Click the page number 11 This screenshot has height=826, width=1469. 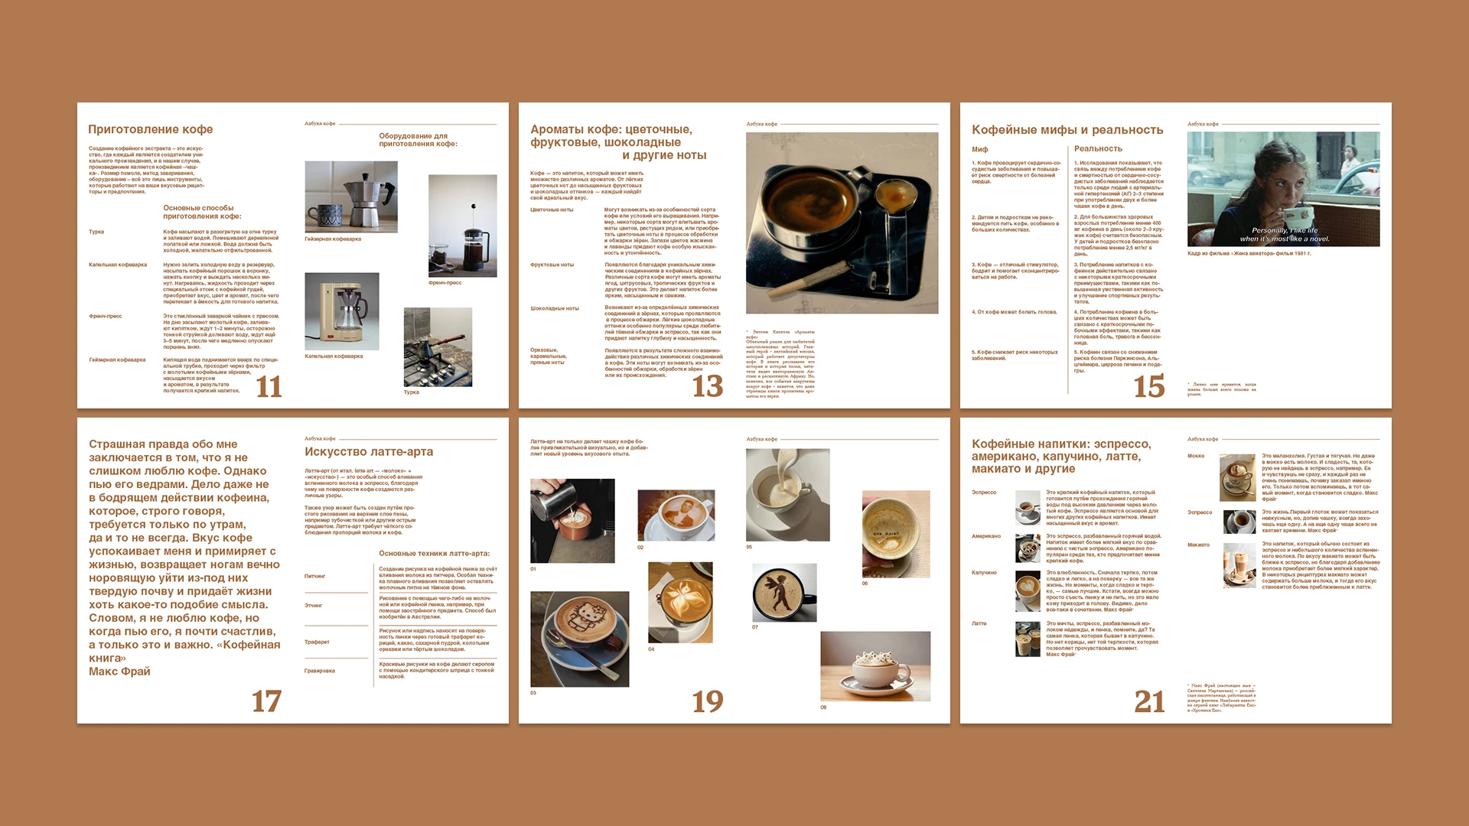pos(269,386)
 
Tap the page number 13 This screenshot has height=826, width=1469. pos(707,386)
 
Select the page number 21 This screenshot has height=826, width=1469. pos(1148,701)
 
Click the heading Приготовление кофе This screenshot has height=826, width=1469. pos(150,129)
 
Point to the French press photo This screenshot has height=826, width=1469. pos(462,226)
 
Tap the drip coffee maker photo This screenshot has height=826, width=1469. pos(341,311)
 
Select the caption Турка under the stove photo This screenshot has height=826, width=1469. pos(411,392)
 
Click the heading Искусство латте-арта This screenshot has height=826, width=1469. pos(368,452)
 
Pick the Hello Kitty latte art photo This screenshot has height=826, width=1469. pos(579,639)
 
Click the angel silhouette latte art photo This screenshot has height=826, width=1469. pos(784,593)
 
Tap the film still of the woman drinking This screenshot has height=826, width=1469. pos(1283,189)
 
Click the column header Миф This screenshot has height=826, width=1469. pos(979,149)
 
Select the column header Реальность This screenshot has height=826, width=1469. pos(1097,149)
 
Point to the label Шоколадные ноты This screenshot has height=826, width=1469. pos(554,309)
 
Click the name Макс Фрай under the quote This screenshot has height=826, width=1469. pos(119,672)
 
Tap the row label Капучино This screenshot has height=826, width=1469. pos(984,573)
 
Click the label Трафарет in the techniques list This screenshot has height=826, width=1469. pos(317,642)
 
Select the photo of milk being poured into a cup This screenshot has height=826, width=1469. pos(787,495)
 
